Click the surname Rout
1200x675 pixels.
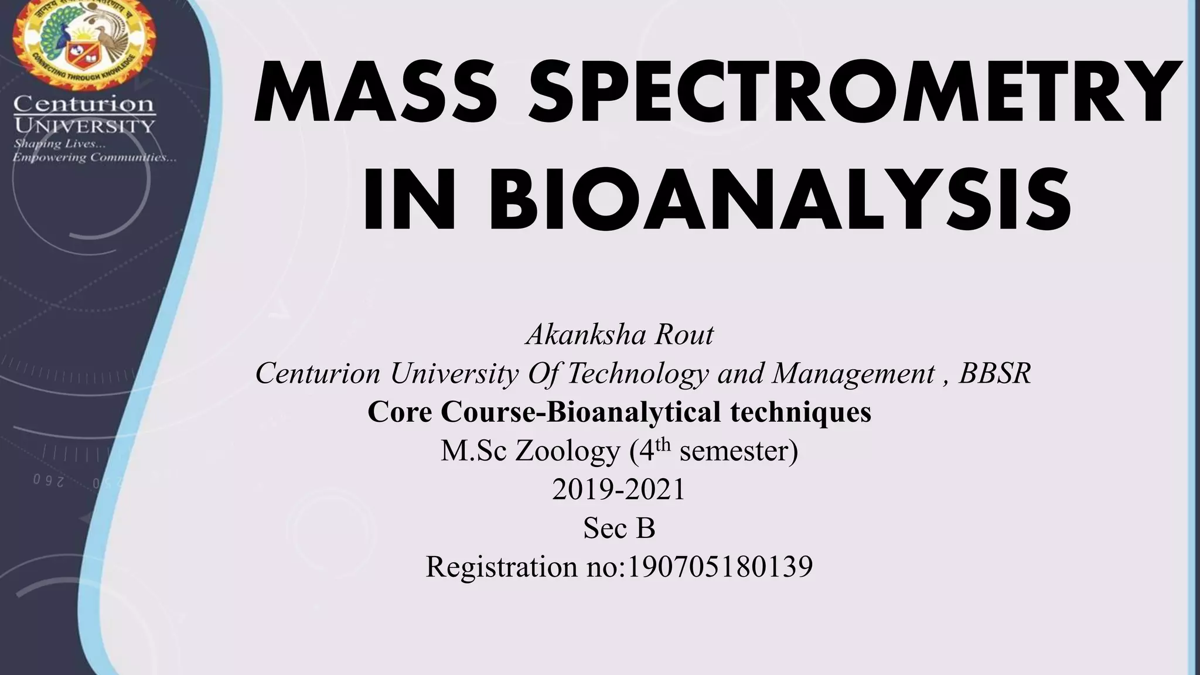click(684, 335)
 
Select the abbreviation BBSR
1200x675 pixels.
click(994, 373)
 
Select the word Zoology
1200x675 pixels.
click(568, 451)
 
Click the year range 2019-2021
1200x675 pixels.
click(619, 489)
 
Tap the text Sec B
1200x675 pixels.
click(619, 528)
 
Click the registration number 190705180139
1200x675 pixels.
click(720, 567)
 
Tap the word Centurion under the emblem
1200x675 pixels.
click(84, 105)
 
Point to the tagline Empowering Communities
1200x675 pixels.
click(94, 157)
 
